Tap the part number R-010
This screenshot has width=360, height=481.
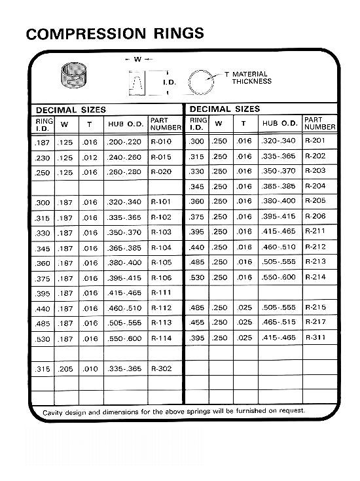tap(161, 141)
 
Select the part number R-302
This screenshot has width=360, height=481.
tap(161, 369)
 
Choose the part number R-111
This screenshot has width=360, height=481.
tap(161, 293)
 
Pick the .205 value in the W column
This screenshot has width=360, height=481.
tap(65, 369)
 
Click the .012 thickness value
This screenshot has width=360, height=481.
tap(89, 157)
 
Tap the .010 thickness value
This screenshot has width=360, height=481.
tap(89, 369)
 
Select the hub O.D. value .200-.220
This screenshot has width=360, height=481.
tap(125, 141)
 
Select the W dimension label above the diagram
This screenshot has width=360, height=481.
tap(137, 60)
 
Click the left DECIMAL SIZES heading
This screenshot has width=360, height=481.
tap(71, 110)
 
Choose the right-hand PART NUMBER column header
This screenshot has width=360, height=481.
tap(319, 124)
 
